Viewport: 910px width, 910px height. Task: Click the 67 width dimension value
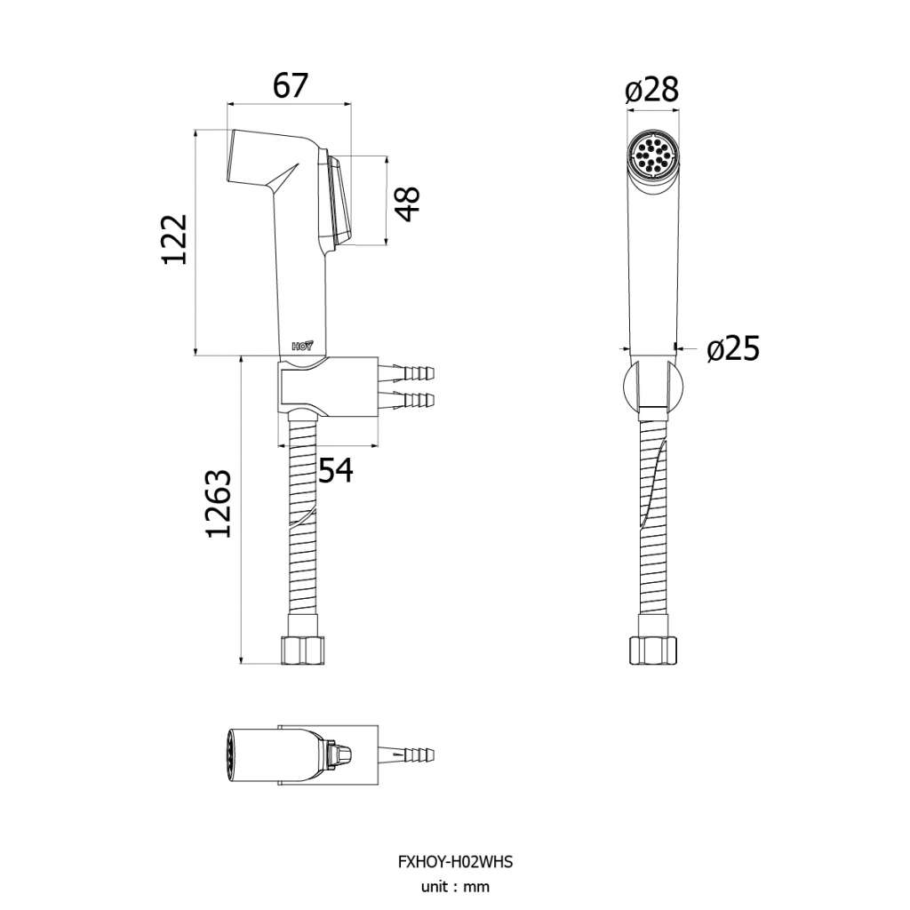(x=291, y=86)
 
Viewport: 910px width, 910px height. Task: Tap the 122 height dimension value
(x=175, y=240)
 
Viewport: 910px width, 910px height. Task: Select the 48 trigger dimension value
(x=409, y=204)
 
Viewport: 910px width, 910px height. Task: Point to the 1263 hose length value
(x=219, y=504)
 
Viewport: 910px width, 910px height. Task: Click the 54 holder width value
(x=336, y=470)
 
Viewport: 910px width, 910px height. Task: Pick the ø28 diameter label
(x=651, y=91)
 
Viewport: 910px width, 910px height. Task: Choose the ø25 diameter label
(x=733, y=348)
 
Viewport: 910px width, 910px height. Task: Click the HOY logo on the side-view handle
(x=302, y=346)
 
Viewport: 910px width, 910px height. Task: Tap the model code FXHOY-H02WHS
(x=455, y=862)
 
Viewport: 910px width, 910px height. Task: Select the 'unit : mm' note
(x=455, y=887)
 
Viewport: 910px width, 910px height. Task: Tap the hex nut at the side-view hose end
(x=302, y=650)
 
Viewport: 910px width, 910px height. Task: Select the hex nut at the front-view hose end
(x=653, y=650)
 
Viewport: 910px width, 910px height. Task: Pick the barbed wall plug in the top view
(x=406, y=755)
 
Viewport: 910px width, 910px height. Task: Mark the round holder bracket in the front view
(x=652, y=385)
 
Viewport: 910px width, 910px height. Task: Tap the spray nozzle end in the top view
(x=230, y=755)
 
